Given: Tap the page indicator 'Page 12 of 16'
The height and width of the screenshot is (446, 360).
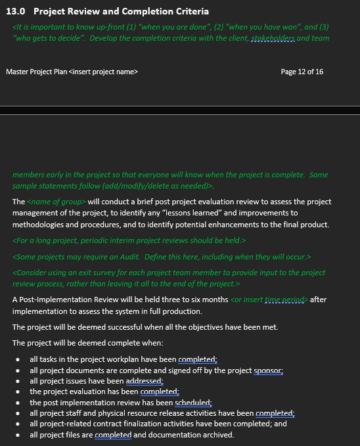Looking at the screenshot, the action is coord(302,72).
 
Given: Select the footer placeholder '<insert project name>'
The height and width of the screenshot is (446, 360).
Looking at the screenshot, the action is coord(103,72).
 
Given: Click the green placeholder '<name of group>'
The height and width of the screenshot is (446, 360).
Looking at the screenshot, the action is coord(56,202).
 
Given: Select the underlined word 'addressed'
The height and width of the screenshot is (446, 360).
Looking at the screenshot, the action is coord(143,381).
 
